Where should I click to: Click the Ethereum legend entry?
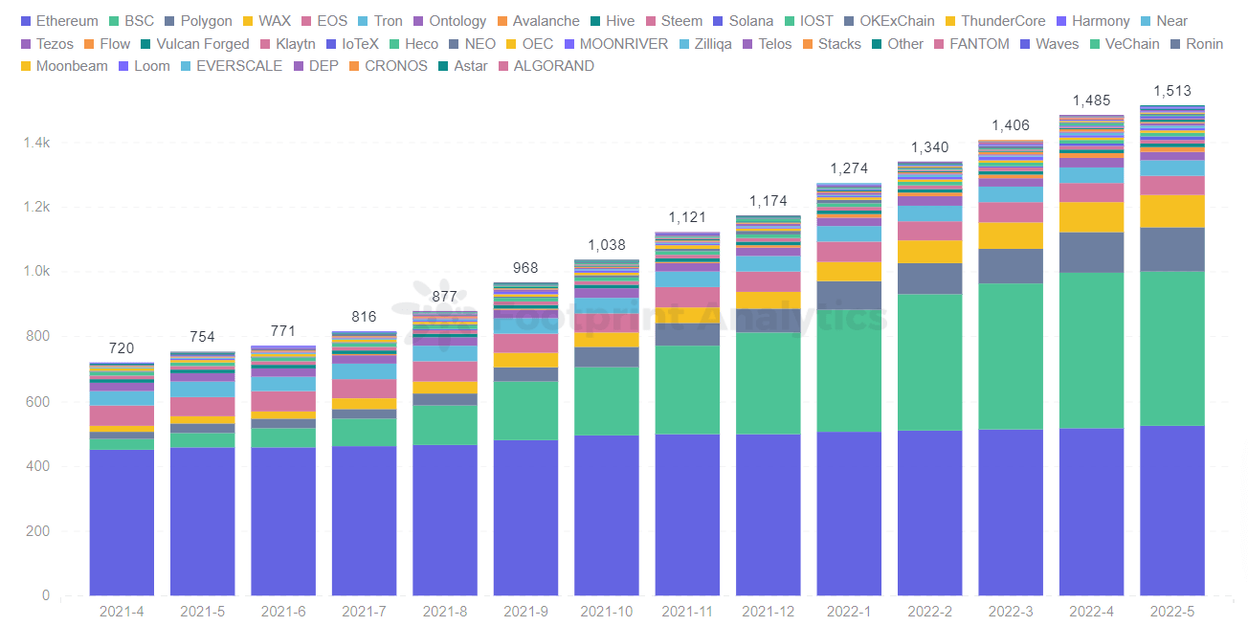(66, 21)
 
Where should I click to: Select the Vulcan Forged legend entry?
(202, 44)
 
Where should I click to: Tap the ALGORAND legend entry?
(553, 66)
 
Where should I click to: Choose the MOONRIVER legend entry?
(623, 44)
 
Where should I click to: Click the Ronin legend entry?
(1204, 44)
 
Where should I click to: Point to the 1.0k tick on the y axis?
(35, 272)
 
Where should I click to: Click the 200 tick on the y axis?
(37, 531)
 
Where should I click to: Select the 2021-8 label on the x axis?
(445, 611)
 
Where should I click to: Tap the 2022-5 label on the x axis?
(1171, 611)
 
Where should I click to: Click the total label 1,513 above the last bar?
(1171, 91)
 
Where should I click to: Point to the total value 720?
(122, 348)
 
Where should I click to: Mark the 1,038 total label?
(606, 245)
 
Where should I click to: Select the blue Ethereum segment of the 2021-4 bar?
(122, 522)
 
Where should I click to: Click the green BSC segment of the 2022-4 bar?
(1091, 350)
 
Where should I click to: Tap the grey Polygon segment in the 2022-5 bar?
(1171, 249)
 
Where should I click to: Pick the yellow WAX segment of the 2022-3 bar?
(1010, 235)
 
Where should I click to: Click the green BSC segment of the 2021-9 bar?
(525, 411)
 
